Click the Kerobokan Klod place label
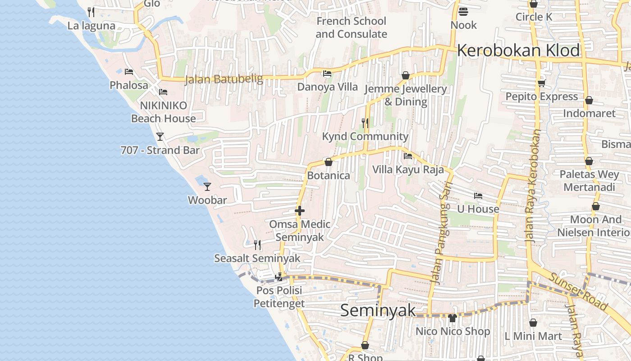(518, 51)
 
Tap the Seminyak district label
(378, 310)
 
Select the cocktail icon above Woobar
(207, 186)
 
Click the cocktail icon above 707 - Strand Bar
(160, 136)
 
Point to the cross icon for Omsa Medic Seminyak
(300, 211)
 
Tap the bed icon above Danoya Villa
(327, 74)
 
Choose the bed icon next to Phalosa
(129, 72)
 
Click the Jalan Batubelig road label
(224, 79)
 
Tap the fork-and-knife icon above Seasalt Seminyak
(257, 245)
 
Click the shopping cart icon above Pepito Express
(541, 83)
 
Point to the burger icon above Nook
(463, 12)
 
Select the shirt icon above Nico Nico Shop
(453, 318)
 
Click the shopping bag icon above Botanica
(329, 162)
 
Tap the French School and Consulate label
(351, 28)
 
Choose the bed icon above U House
(478, 196)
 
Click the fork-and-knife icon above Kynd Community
(365, 123)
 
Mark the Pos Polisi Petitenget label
(279, 297)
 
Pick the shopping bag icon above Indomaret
(589, 100)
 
